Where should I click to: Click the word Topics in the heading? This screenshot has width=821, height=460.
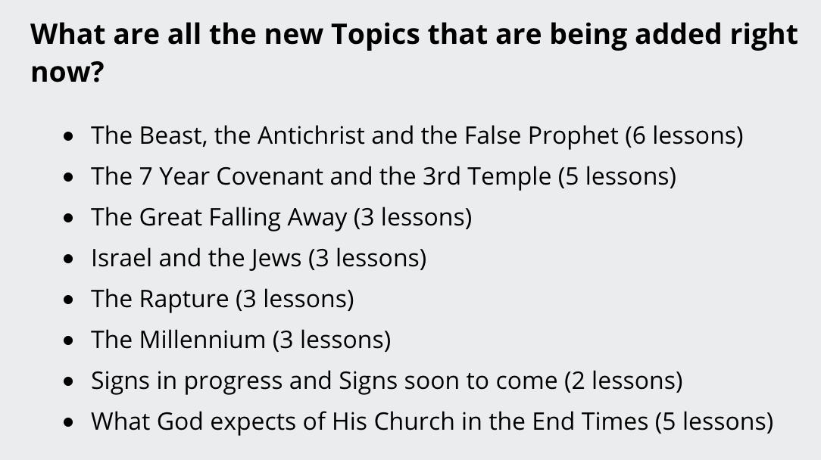pyautogui.click(x=376, y=35)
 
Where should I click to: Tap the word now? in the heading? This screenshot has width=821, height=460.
pyautogui.click(x=67, y=72)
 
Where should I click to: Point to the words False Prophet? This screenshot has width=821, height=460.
pyautogui.click(x=542, y=136)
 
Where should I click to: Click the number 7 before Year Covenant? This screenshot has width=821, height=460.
pyautogui.click(x=145, y=176)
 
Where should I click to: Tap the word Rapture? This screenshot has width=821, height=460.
pyautogui.click(x=184, y=300)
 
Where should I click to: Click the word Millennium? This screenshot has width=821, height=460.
pyautogui.click(x=202, y=340)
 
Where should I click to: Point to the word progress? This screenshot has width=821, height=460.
pyautogui.click(x=233, y=381)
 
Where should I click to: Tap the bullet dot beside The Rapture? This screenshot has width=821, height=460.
pyautogui.click(x=68, y=300)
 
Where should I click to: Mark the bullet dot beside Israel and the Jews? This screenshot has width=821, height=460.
pyautogui.click(x=68, y=259)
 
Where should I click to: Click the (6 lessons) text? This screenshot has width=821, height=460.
pyautogui.click(x=684, y=136)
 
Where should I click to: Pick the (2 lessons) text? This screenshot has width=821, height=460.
pyautogui.click(x=623, y=381)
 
